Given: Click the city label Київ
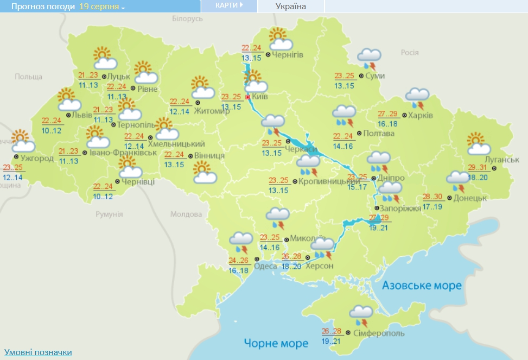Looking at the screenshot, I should pos(260,97).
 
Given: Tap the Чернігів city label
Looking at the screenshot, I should pos(287,55).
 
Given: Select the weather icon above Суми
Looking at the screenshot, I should pos(370,56).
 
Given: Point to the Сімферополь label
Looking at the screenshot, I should pos(378,332).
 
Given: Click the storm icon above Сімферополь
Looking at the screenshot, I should pos(360,314).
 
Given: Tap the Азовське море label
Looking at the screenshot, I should pos(422,286).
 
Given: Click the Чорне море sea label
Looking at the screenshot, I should pos(276,343).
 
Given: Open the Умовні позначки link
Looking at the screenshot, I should pos(38,352).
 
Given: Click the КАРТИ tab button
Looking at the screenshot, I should pos(228,5).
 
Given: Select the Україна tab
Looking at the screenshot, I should pos(291,7).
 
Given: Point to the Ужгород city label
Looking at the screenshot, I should pos(38,159).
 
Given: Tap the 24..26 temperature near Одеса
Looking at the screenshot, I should pos(239,261).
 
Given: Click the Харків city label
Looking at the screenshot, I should pos(421,116).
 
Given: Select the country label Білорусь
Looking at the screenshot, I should pos(187,18).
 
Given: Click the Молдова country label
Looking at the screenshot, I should pos(186,214).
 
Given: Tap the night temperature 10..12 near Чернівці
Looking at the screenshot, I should pos(103,197).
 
